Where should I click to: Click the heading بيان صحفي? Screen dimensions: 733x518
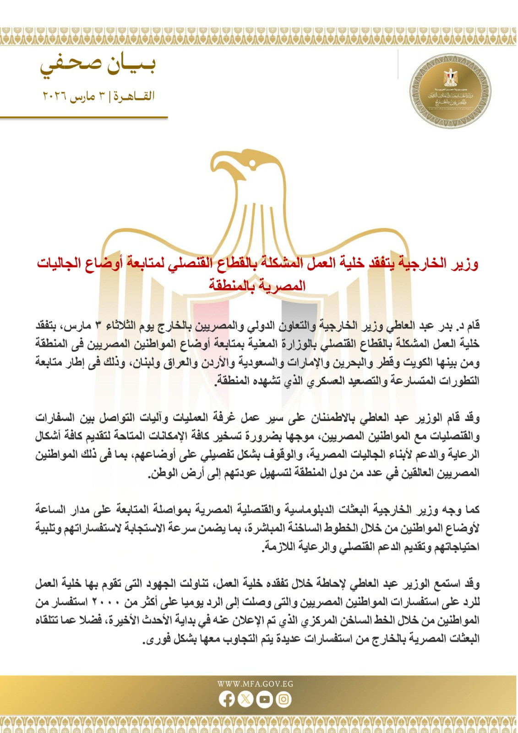click(x=98, y=66)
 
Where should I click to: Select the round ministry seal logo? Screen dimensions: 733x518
click(x=449, y=91)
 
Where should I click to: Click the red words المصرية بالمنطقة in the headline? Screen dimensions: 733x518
click(x=258, y=285)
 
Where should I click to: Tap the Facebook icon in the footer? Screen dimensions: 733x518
click(x=227, y=700)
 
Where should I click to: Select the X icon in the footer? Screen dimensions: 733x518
click(x=246, y=700)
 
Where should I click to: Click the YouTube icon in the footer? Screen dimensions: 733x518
click(x=265, y=700)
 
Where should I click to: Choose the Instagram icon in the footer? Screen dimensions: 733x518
click(x=284, y=700)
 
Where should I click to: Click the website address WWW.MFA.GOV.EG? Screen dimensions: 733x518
click(x=255, y=684)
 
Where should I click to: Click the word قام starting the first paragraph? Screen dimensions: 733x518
click(x=472, y=326)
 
